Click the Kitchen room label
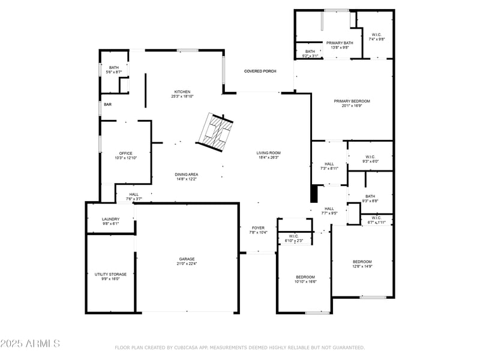pyautogui.click(x=183, y=92)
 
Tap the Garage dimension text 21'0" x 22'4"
pyautogui.click(x=187, y=263)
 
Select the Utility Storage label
pyautogui.click(x=110, y=274)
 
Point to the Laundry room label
pyautogui.click(x=110, y=219)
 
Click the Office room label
pyautogui.click(x=126, y=153)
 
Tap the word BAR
pyautogui.click(x=108, y=104)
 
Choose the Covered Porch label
pyautogui.click(x=260, y=71)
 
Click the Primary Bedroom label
pyautogui.click(x=352, y=101)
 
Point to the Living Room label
pyautogui.click(x=269, y=153)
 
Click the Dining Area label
pyautogui.click(x=187, y=174)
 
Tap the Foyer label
pyautogui.click(x=258, y=228)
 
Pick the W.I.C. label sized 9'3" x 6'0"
pyautogui.click(x=370, y=161)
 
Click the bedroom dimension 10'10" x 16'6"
pyautogui.click(x=305, y=281)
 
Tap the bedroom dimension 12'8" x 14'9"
pyautogui.click(x=362, y=266)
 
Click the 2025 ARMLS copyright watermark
pyautogui.click(x=30, y=344)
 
